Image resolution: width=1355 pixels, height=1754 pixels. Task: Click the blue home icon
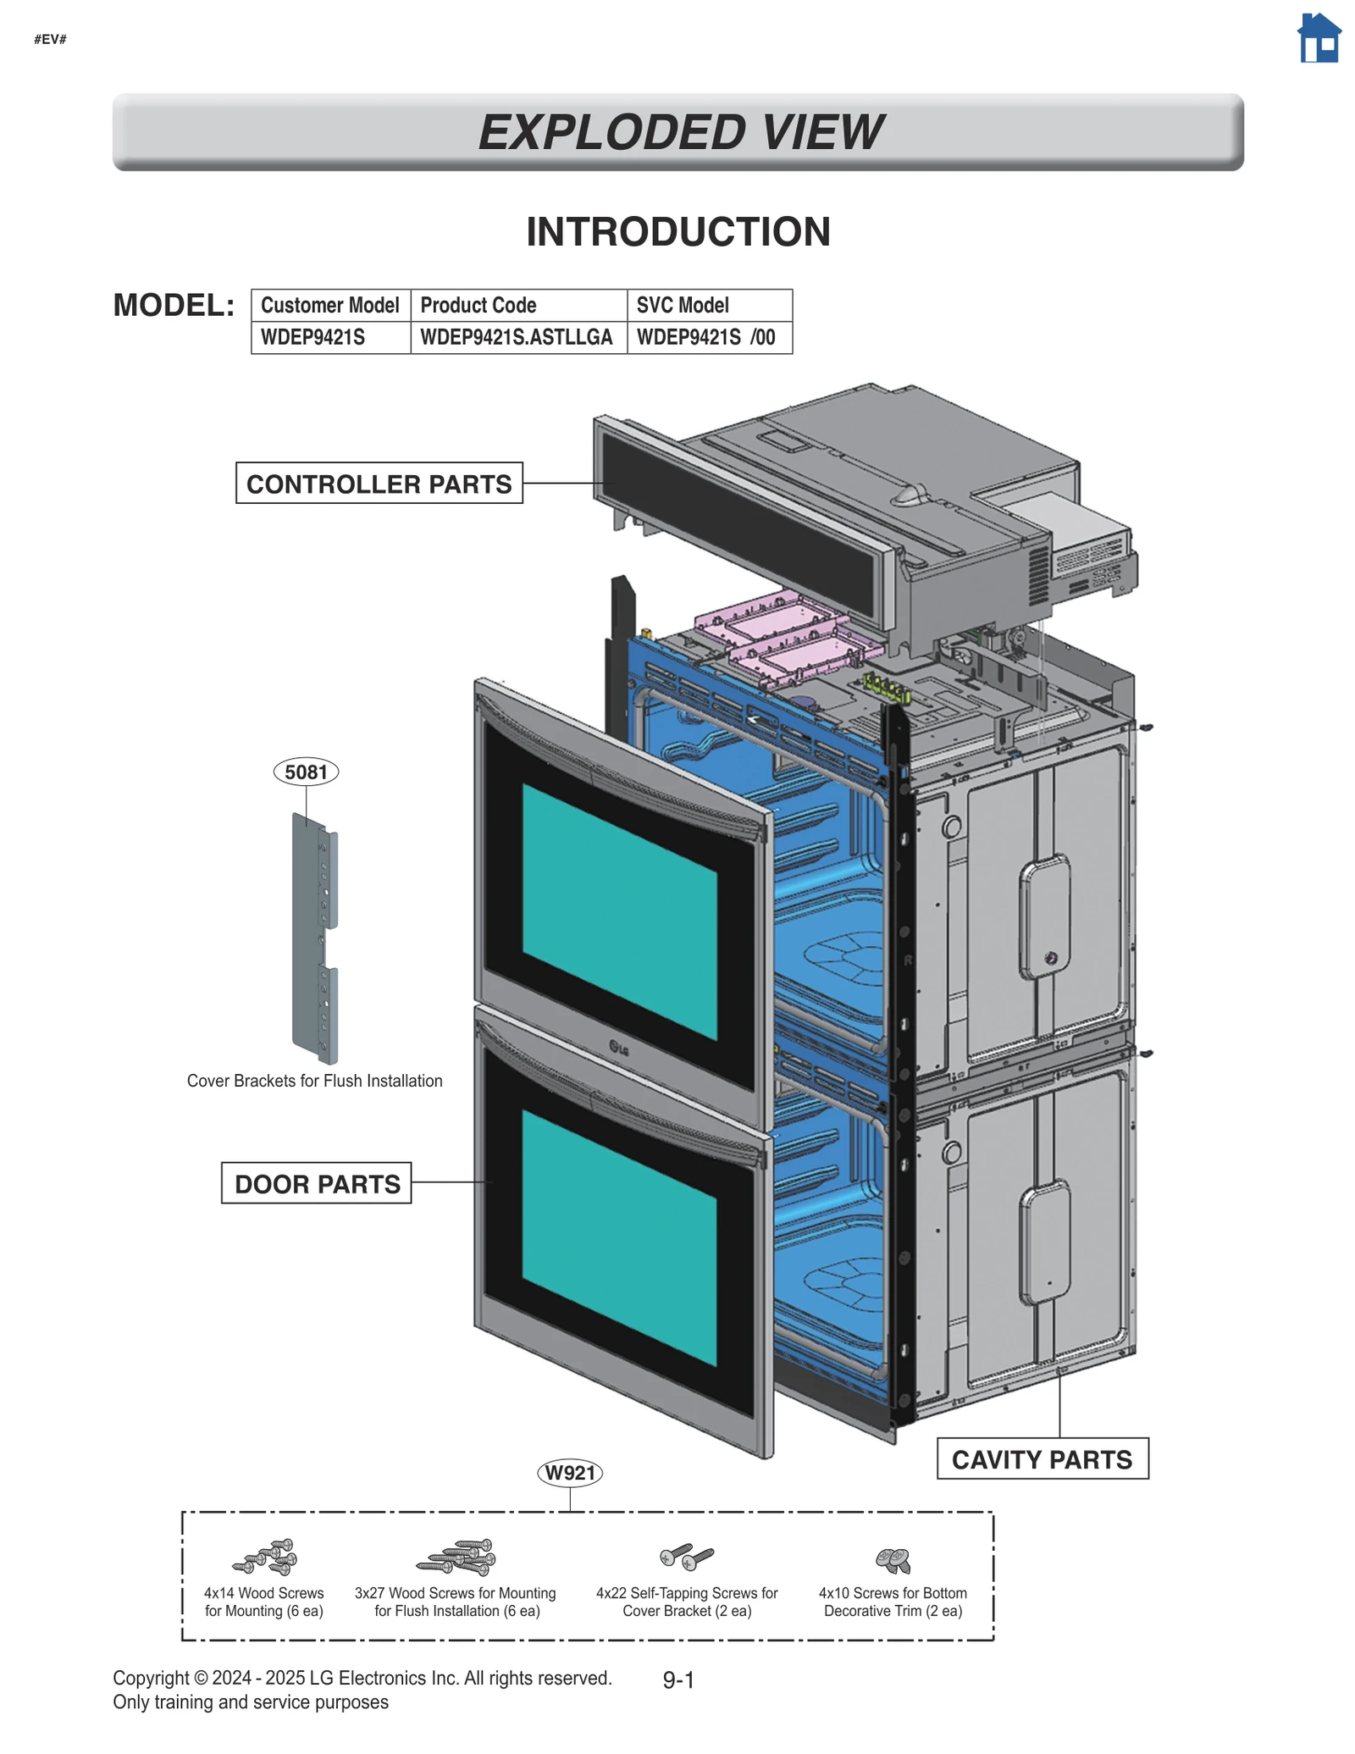pyautogui.click(x=1319, y=39)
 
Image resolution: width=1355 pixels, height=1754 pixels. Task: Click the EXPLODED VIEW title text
pyautogui.click(x=679, y=132)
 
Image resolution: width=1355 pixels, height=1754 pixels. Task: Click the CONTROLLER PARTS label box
pyautogui.click(x=379, y=484)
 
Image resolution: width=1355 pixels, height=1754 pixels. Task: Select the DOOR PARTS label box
pyautogui.click(x=317, y=1183)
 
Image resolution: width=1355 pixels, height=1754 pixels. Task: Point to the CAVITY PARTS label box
pyautogui.click(x=1042, y=1459)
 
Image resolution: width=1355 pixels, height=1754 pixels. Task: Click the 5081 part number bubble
pyautogui.click(x=306, y=772)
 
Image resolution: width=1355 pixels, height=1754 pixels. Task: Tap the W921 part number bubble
pyautogui.click(x=570, y=1473)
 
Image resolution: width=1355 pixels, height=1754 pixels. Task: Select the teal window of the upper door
pyautogui.click(x=619, y=911)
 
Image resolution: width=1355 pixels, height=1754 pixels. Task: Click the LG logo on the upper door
pyautogui.click(x=619, y=1049)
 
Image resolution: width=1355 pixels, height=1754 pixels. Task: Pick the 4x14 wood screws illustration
pyautogui.click(x=266, y=1557)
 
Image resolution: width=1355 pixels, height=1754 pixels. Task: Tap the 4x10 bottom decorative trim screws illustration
pyautogui.click(x=893, y=1559)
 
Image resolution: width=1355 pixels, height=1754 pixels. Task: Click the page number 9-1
pyautogui.click(x=678, y=1680)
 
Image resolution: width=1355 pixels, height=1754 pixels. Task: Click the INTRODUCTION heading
pyautogui.click(x=678, y=232)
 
